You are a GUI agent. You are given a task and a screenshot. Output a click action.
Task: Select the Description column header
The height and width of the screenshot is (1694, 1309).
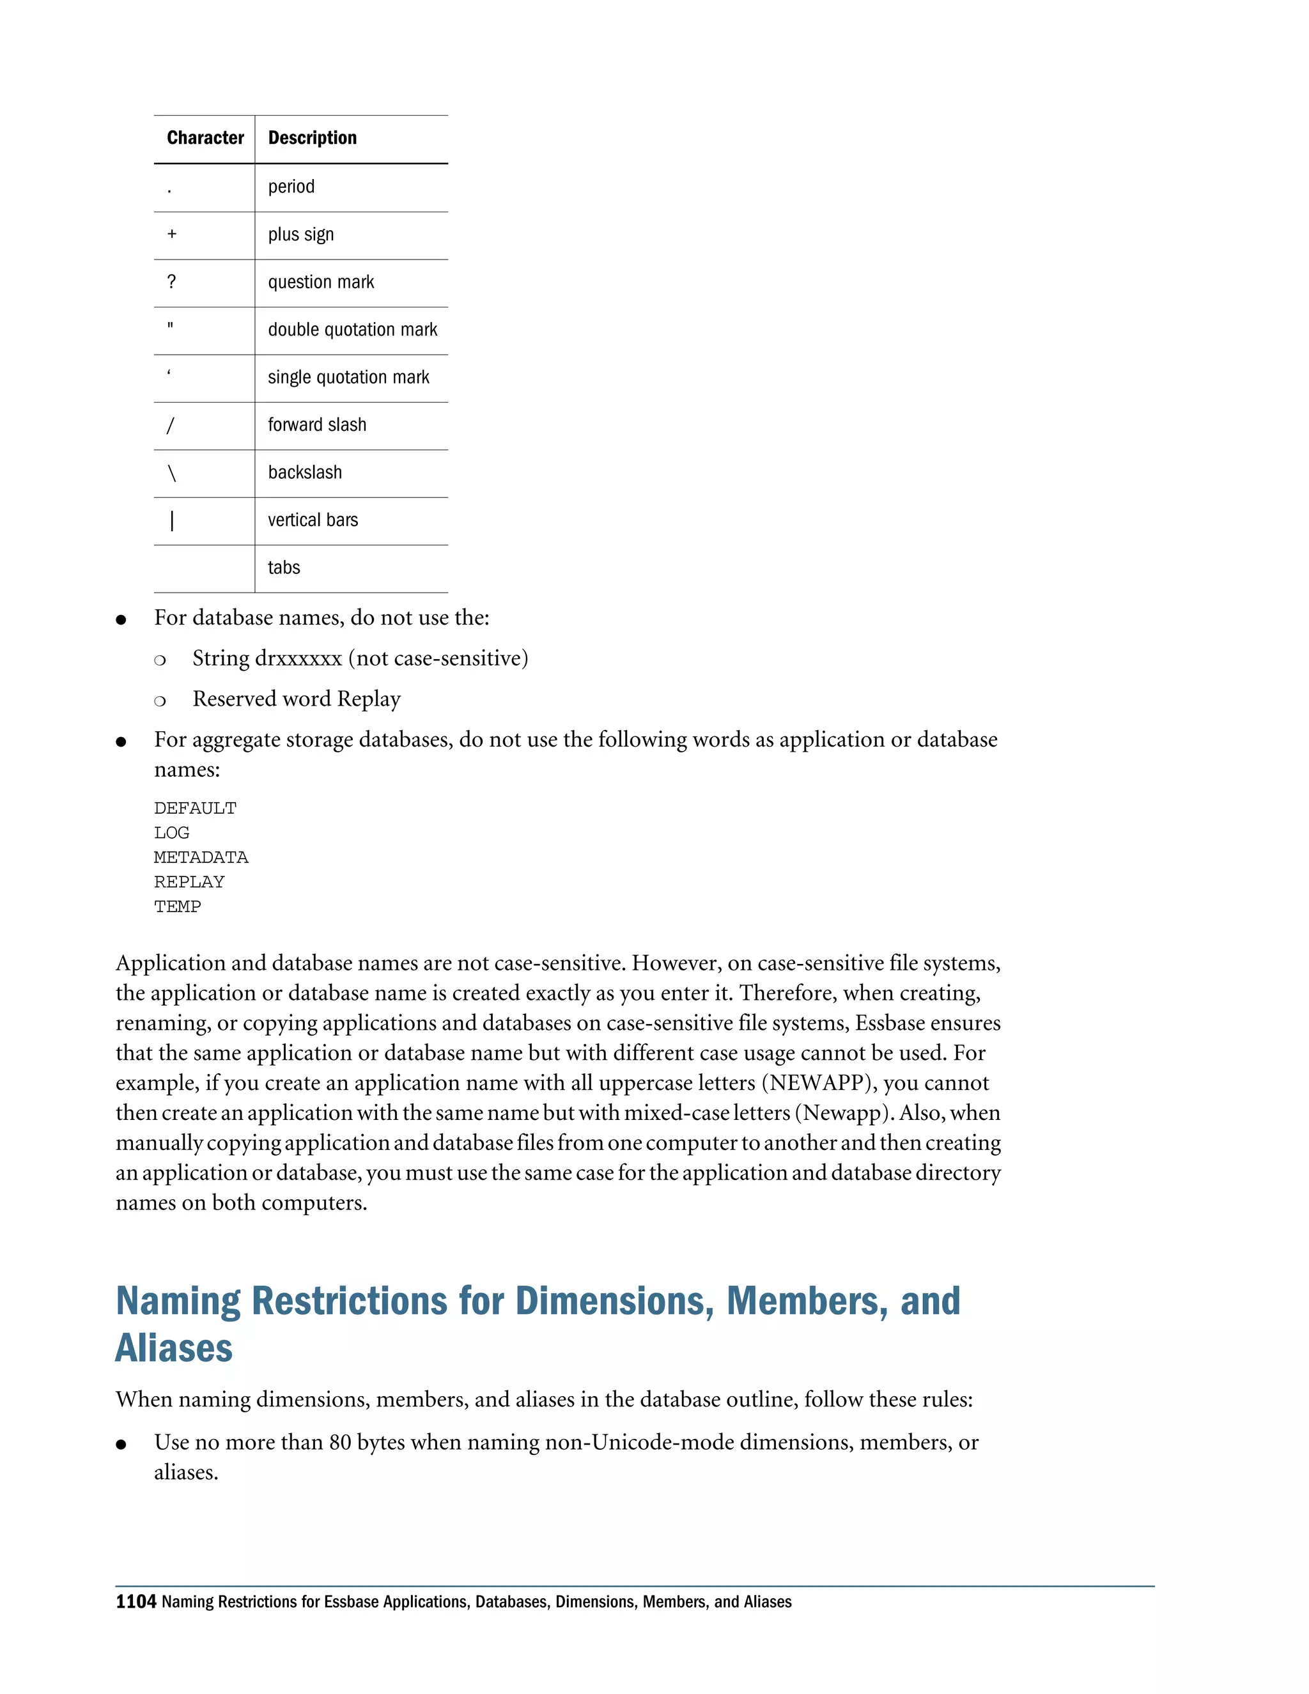(x=312, y=138)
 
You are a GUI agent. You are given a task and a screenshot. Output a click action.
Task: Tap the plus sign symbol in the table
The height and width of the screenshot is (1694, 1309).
(x=172, y=233)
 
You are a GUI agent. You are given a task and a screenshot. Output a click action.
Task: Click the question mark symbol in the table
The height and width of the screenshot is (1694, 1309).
(x=171, y=281)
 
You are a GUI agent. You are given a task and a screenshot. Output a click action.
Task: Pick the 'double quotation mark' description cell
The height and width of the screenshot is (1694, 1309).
(x=352, y=330)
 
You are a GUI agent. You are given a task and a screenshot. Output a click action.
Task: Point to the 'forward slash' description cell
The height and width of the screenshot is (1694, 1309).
(x=316, y=425)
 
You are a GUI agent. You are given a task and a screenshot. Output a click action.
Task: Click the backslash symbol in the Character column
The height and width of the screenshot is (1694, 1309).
(x=172, y=472)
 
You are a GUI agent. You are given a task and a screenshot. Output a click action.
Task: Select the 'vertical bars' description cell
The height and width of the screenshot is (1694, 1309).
(x=313, y=520)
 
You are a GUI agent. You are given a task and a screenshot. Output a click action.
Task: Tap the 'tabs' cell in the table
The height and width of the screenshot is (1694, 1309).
(x=284, y=568)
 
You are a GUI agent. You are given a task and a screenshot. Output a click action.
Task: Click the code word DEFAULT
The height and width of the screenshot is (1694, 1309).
(x=195, y=808)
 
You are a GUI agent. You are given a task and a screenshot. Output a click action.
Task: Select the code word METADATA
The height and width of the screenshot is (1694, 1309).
(x=201, y=857)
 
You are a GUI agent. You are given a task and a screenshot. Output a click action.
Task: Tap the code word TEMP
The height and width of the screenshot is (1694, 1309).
(x=177, y=906)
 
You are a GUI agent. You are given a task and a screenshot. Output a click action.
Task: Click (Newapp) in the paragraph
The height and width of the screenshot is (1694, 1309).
(x=844, y=1113)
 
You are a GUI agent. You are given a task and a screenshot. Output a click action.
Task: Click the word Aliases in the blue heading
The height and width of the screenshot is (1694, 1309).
(x=174, y=1348)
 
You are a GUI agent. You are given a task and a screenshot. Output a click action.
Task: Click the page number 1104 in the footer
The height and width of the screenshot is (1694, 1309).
(x=136, y=1602)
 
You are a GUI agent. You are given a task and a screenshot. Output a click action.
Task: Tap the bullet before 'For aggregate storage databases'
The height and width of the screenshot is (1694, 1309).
(x=121, y=742)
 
